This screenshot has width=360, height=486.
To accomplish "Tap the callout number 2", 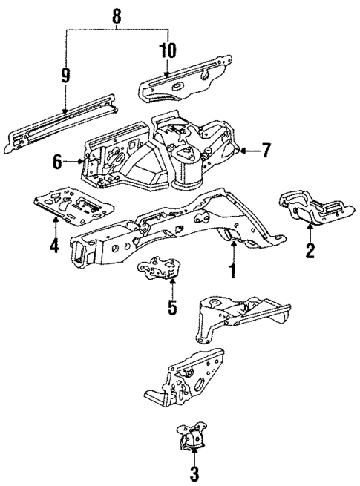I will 310,250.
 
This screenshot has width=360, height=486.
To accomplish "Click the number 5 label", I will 172,306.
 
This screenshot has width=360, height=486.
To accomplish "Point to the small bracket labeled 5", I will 160,268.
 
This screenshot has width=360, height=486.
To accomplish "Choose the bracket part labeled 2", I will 310,208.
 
